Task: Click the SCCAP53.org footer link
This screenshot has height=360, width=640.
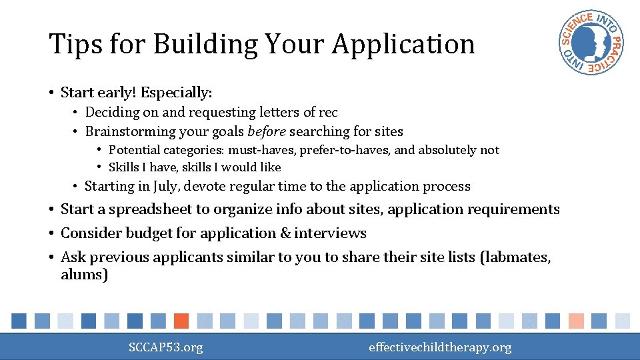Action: point(166,347)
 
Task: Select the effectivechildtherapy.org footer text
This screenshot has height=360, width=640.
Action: point(440,347)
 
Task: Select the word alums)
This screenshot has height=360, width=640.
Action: point(84,275)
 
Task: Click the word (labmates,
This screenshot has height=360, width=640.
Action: point(515,257)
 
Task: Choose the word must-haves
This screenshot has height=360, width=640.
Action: point(267,150)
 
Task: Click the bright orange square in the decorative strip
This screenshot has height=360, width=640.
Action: point(181,321)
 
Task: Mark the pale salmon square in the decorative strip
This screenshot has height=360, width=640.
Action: point(577,321)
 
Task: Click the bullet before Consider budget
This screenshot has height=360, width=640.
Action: point(51,233)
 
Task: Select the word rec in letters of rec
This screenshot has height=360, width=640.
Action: point(328,112)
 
